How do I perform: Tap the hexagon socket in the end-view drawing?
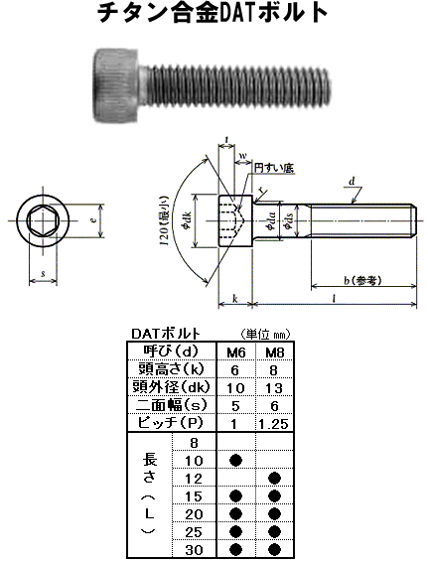(x=41, y=224)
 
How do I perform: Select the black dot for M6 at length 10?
(x=236, y=460)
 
